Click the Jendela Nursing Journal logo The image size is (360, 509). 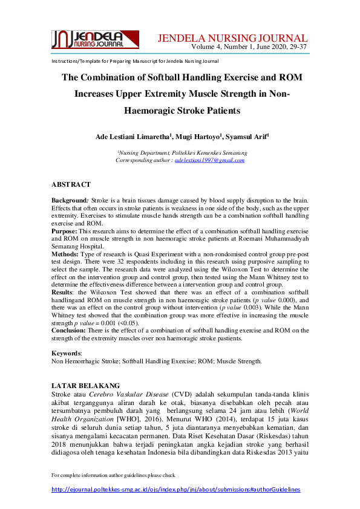[x=88, y=39]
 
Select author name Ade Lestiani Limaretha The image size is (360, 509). [x=125, y=137]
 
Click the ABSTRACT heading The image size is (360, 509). [x=71, y=184]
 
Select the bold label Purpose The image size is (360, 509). [x=64, y=231]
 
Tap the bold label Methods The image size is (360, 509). [x=65, y=256]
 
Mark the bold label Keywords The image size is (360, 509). [x=66, y=352]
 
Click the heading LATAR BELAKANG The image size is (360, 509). [x=85, y=385]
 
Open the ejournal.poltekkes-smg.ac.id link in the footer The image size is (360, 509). [x=175, y=489]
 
